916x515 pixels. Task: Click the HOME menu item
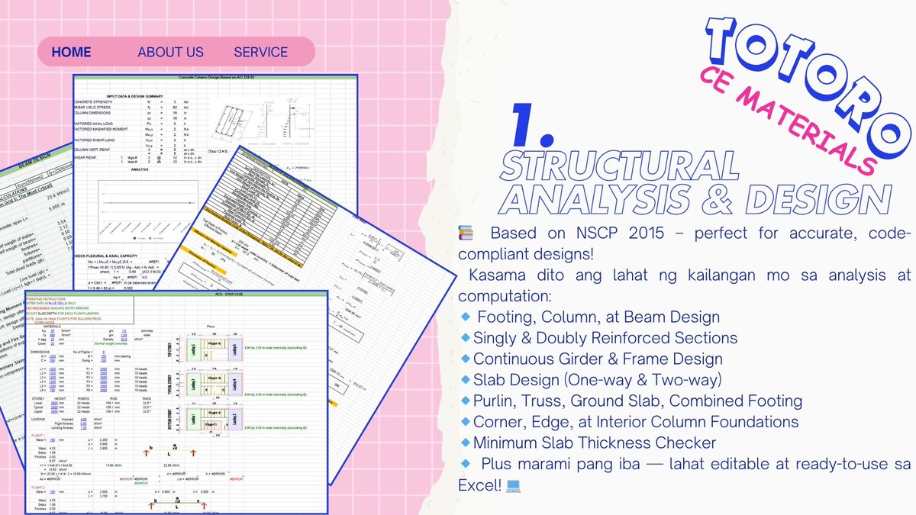(71, 52)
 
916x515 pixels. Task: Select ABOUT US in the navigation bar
(170, 52)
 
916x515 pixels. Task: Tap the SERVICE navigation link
(260, 52)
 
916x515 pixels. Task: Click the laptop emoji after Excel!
(513, 484)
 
